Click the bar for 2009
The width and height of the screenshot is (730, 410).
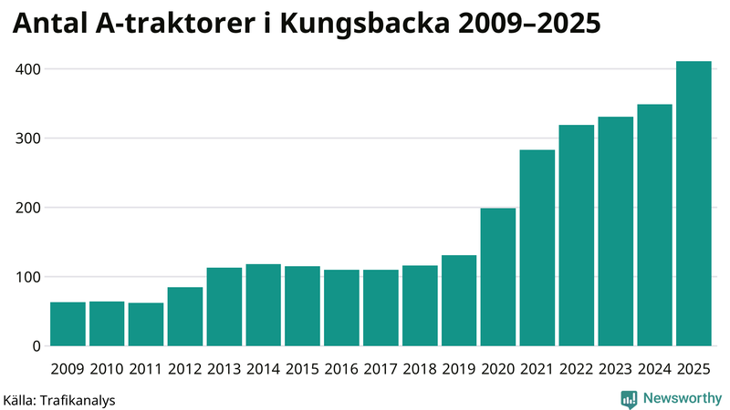pyautogui.click(x=68, y=324)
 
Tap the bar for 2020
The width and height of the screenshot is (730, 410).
pyautogui.click(x=498, y=277)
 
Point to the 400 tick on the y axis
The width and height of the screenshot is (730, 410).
pyautogui.click(x=28, y=69)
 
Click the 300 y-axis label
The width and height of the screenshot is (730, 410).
pyautogui.click(x=28, y=138)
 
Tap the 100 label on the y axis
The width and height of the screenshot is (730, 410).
pyautogui.click(x=28, y=277)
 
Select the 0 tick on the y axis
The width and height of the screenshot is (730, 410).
pyautogui.click(x=36, y=346)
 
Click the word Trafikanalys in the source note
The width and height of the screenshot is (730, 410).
pyautogui.click(x=77, y=399)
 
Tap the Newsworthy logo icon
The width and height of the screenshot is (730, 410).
pyautogui.click(x=629, y=398)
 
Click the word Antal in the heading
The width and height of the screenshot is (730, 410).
pyautogui.click(x=49, y=26)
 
